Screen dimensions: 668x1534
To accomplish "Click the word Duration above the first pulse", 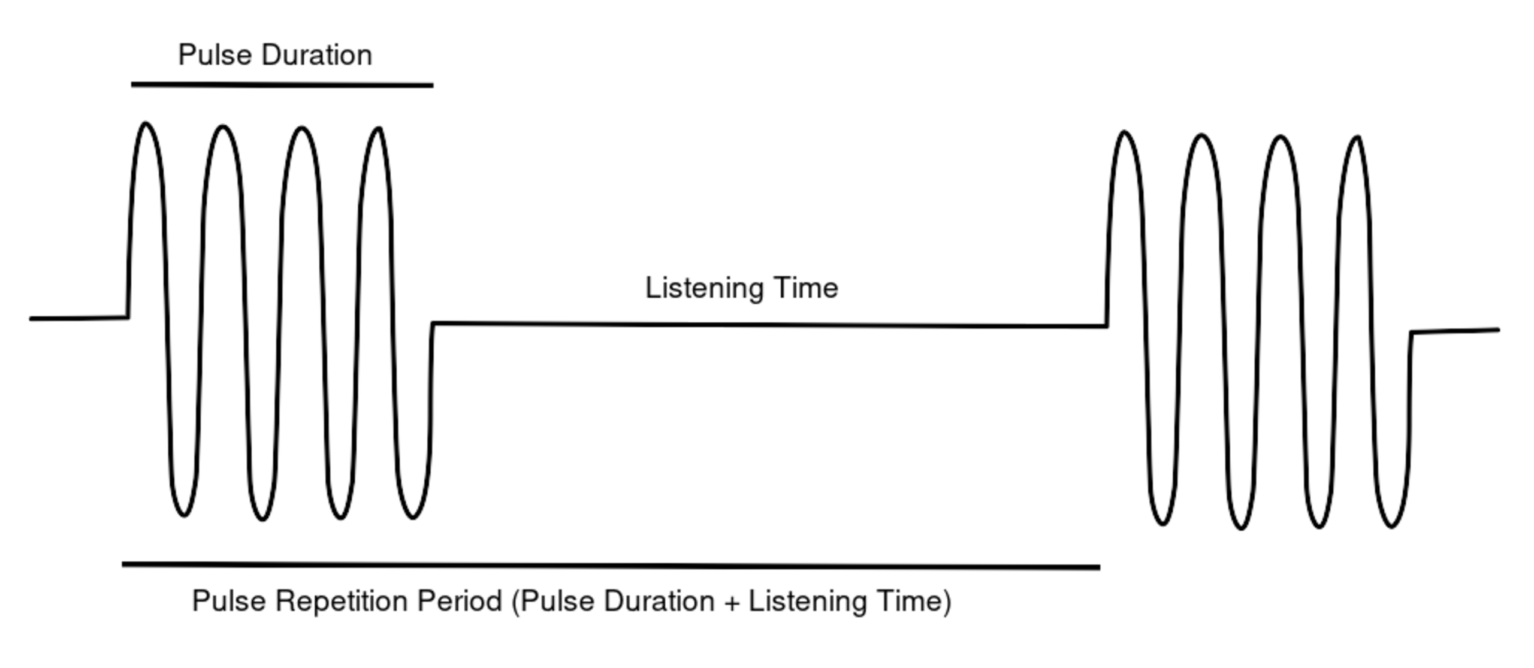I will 317,55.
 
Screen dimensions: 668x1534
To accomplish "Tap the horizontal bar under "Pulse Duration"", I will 282,85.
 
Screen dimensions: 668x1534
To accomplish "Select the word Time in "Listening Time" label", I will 806,288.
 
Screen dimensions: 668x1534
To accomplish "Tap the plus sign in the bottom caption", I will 732,602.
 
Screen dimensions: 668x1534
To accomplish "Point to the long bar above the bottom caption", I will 611,565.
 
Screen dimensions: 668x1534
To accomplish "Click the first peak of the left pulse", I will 146,124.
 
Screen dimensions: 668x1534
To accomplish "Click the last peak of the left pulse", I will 379,128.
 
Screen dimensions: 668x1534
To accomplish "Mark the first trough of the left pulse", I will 184,515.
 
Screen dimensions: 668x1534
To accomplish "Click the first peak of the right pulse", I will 1124,132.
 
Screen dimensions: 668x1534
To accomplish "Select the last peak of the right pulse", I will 1357,138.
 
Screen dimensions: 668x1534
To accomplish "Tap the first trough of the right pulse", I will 1162,524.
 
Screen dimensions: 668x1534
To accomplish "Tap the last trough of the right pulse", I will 1391,527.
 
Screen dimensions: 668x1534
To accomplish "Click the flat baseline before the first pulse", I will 78,318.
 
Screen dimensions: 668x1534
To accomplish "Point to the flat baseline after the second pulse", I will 1456,331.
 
